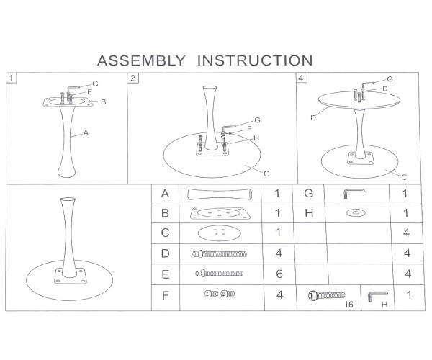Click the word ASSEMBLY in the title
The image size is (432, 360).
[141, 60]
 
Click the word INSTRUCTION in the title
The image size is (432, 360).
[255, 60]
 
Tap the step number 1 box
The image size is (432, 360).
[11, 78]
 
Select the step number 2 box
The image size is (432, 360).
[132, 78]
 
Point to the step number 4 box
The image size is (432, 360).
[301, 78]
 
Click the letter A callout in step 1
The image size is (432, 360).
[86, 133]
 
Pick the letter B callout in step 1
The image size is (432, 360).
[103, 102]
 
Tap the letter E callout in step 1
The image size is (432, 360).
[89, 92]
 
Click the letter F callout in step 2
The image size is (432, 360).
[249, 129]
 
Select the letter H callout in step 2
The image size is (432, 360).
[256, 138]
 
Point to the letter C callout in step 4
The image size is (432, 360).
[404, 177]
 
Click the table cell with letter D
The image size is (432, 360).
[166, 253]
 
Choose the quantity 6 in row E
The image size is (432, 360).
[279, 274]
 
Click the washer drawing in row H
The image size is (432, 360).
[356, 213]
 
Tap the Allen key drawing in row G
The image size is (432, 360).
[354, 194]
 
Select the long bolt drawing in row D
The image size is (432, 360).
[220, 253]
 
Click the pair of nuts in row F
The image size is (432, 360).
[220, 294]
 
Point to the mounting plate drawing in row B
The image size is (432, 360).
[220, 213]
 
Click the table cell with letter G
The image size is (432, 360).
[309, 194]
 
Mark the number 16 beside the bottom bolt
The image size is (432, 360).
[349, 305]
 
